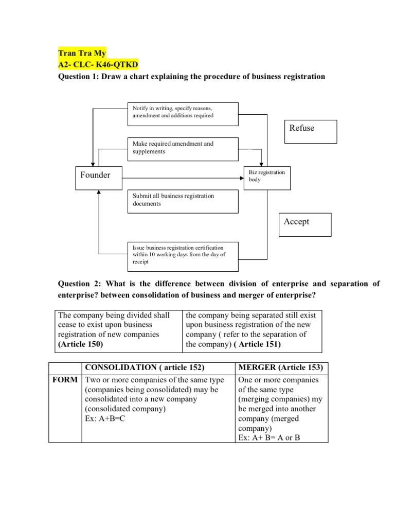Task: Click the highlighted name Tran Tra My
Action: coord(81,53)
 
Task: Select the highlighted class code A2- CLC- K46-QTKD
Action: coord(98,64)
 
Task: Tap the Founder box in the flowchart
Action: coord(95,176)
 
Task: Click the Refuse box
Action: coord(310,131)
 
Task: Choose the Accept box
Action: coord(305,225)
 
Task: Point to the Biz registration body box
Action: coord(267,177)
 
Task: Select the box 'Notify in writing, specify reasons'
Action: coord(183,114)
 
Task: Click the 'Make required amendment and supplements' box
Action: coord(183,148)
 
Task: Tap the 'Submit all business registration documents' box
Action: coord(183,201)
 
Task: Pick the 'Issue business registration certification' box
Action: coord(183,256)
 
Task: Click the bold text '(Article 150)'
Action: coord(81,344)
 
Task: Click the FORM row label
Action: coord(65,380)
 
